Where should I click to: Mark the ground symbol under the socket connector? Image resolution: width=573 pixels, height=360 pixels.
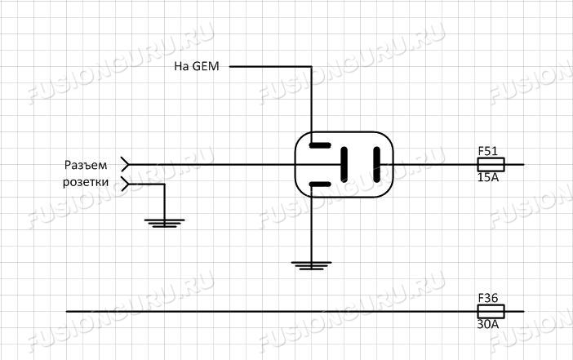(164, 221)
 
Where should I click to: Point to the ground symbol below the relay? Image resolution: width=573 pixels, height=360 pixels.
(311, 264)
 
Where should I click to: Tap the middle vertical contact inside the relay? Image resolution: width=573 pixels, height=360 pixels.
(345, 164)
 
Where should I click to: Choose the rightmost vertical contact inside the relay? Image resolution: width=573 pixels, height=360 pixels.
(376, 164)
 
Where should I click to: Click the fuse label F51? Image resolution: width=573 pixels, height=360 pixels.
(487, 151)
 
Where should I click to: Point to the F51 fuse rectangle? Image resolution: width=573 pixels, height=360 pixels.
(491, 164)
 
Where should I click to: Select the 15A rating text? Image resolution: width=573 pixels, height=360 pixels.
(487, 177)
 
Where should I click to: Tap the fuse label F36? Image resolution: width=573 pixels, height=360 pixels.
(487, 298)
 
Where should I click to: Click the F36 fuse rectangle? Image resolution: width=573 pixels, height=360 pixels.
(491, 311)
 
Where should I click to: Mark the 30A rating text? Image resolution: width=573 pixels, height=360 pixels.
(487, 324)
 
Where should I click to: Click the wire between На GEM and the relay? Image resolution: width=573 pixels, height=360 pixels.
(311, 98)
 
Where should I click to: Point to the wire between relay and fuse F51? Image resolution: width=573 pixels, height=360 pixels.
(433, 164)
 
